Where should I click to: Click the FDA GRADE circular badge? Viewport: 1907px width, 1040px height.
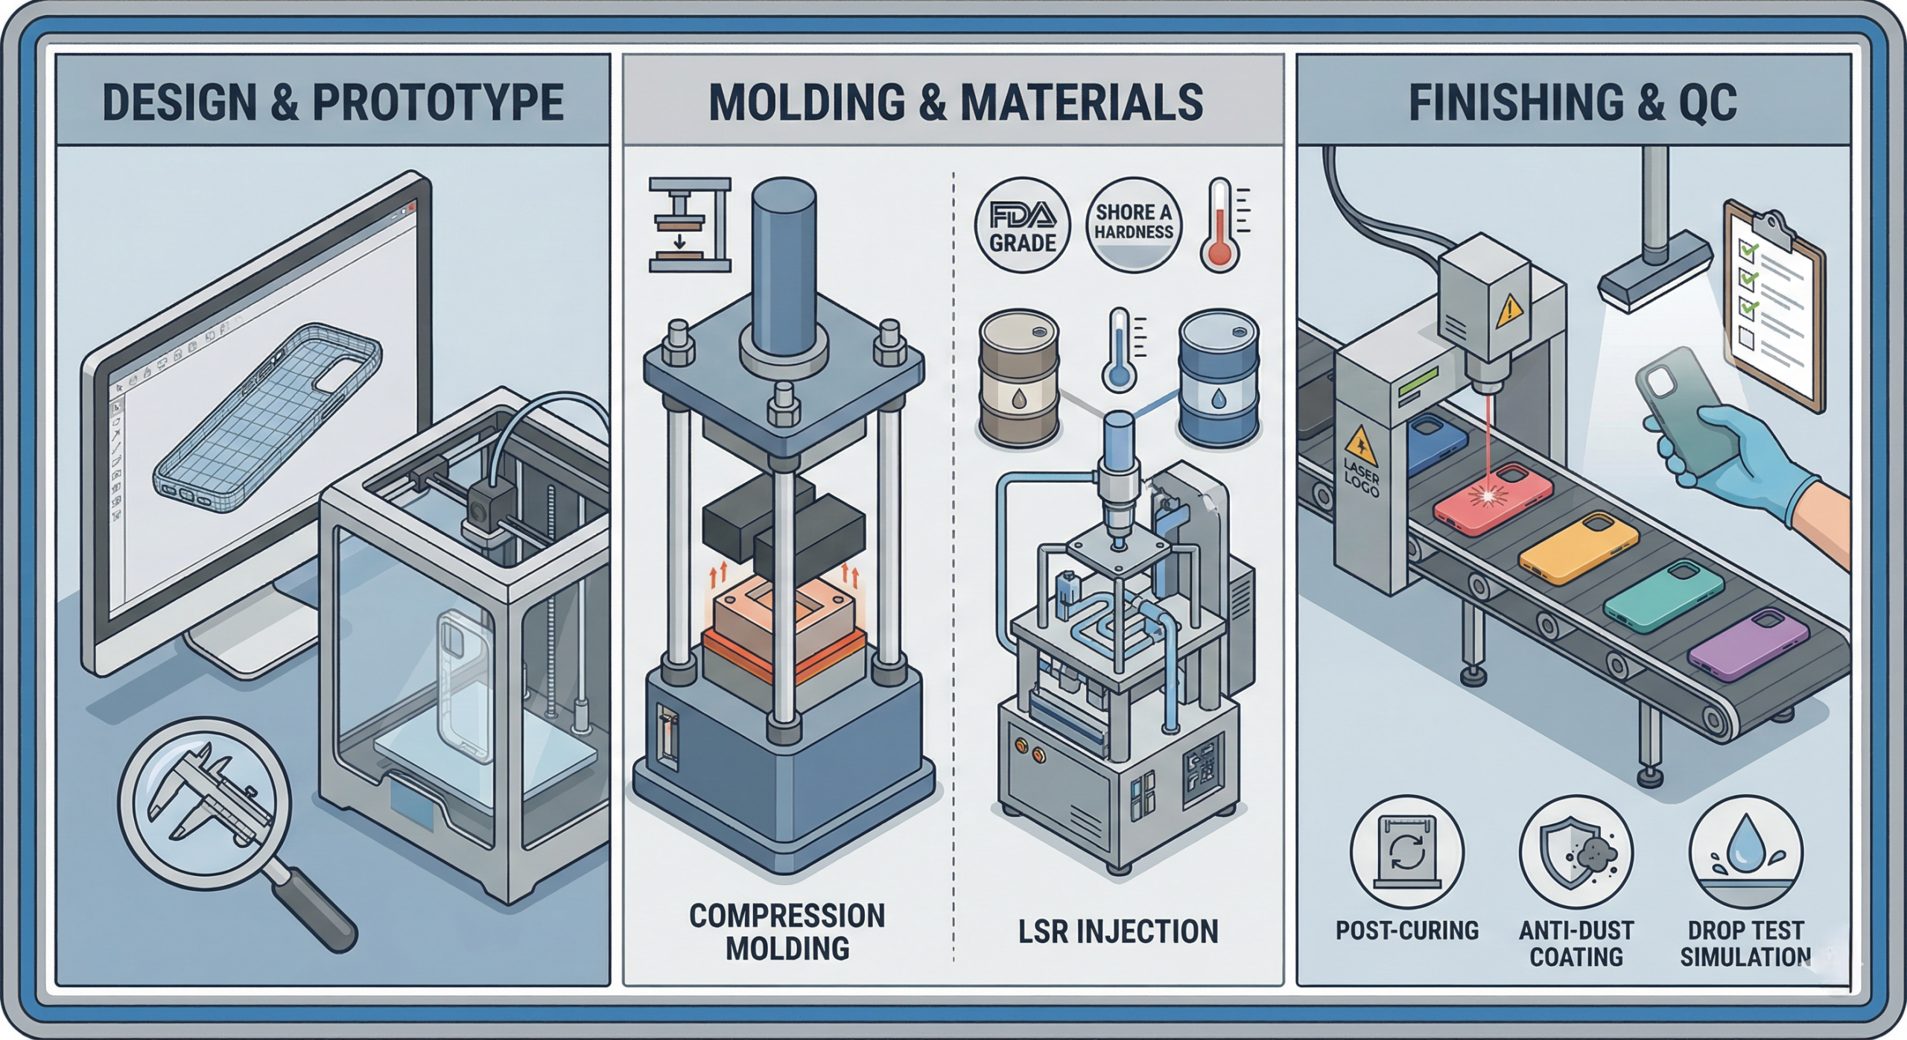[x=1022, y=225]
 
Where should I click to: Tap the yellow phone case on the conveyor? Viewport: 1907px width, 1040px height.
[x=1578, y=547]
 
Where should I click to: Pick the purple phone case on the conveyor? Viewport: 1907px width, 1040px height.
[x=1748, y=643]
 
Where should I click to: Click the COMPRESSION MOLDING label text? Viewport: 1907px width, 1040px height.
[x=787, y=931]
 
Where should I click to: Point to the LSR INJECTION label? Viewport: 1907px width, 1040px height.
[x=1118, y=931]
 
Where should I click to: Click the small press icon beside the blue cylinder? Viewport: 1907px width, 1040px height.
[x=690, y=225]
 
